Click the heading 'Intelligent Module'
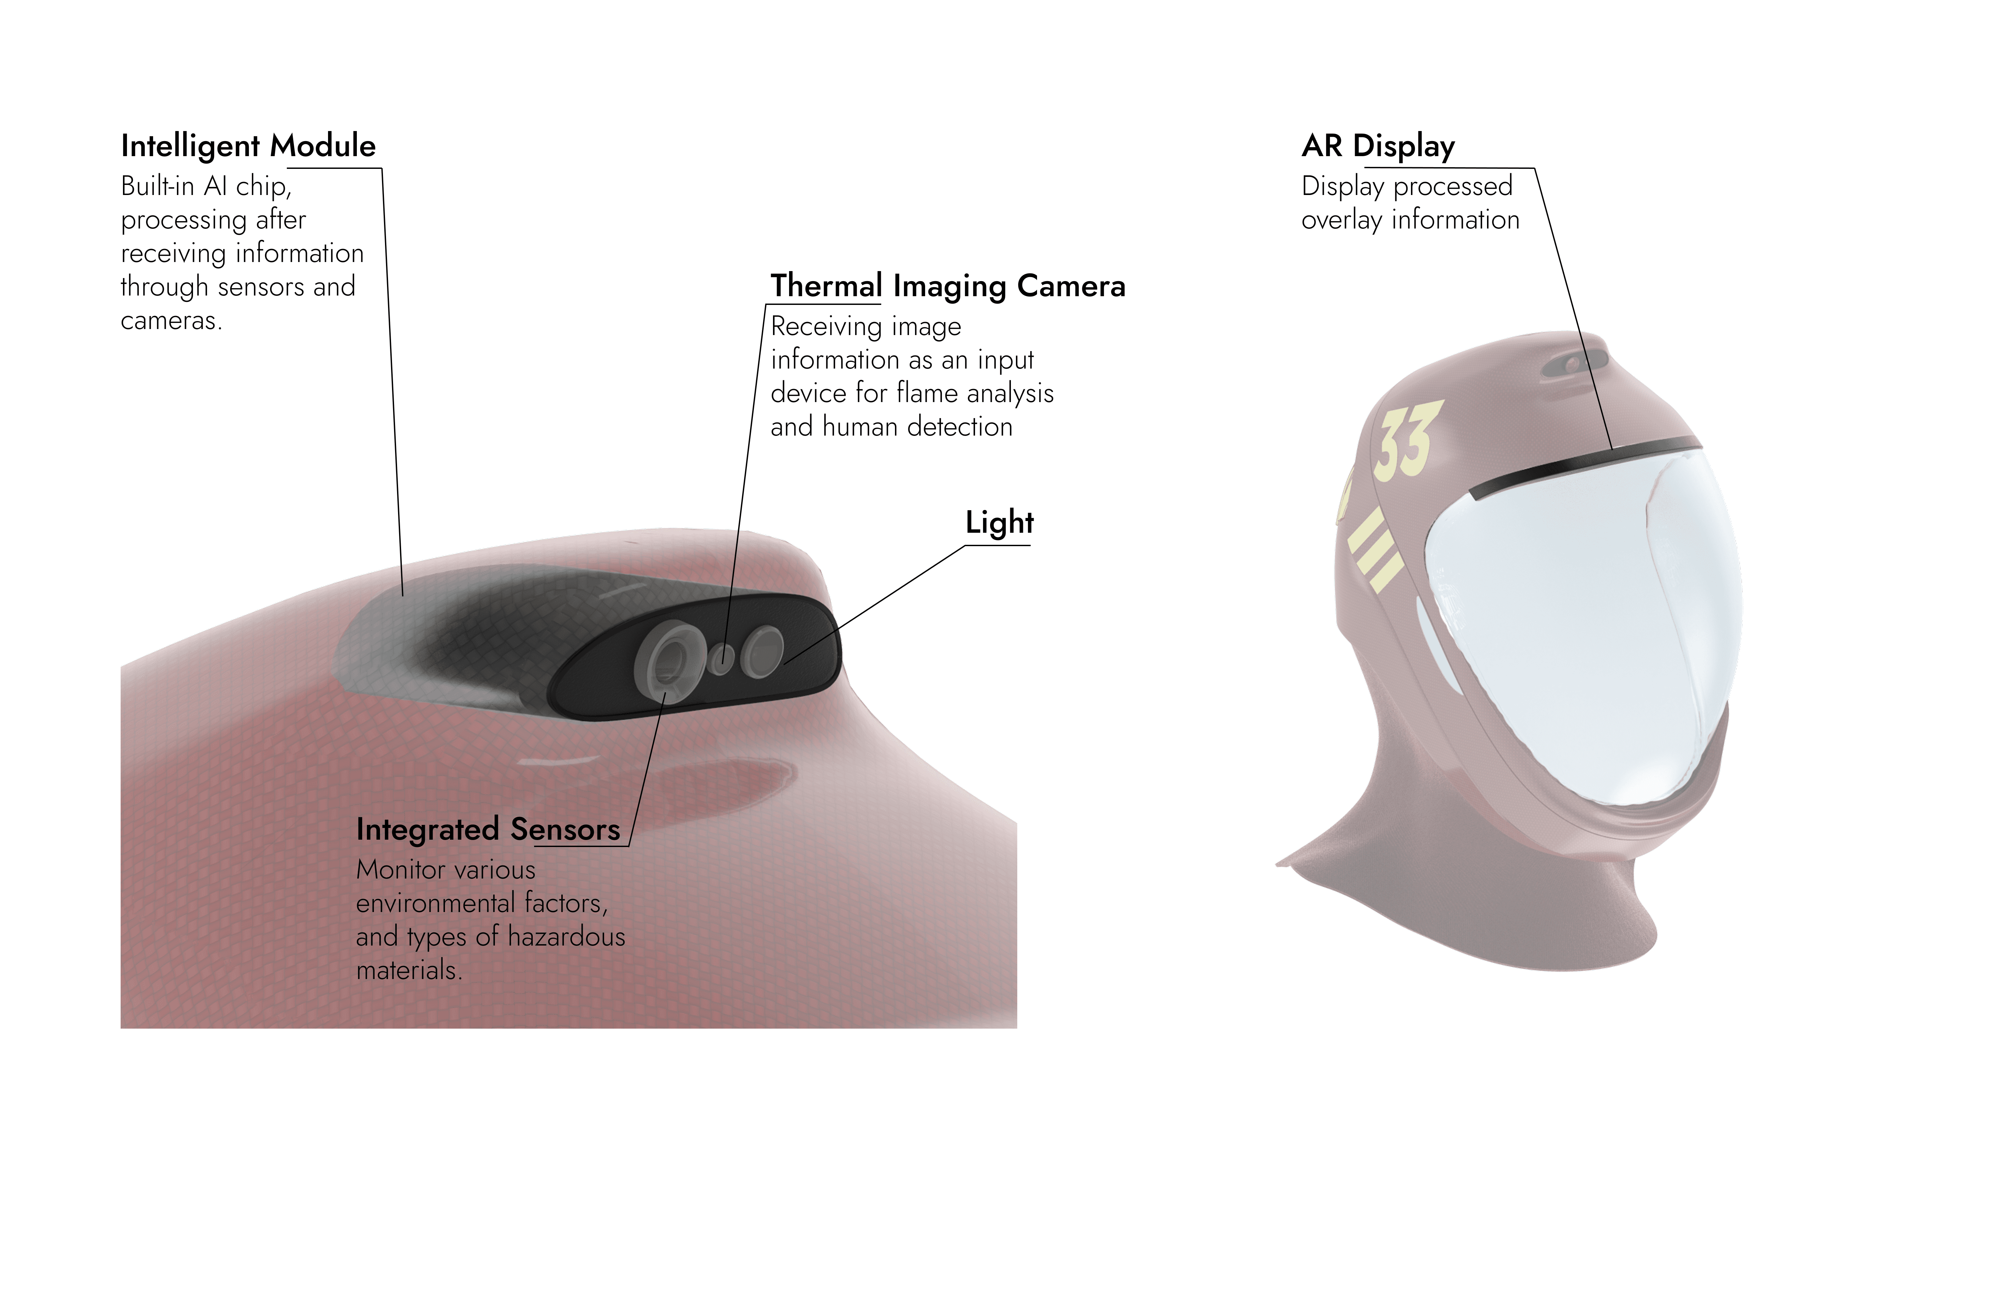click(248, 146)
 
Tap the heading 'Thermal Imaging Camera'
click(948, 286)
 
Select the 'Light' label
click(998, 522)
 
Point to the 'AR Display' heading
click(1377, 146)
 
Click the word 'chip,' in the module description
click(264, 187)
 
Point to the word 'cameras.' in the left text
click(171, 321)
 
